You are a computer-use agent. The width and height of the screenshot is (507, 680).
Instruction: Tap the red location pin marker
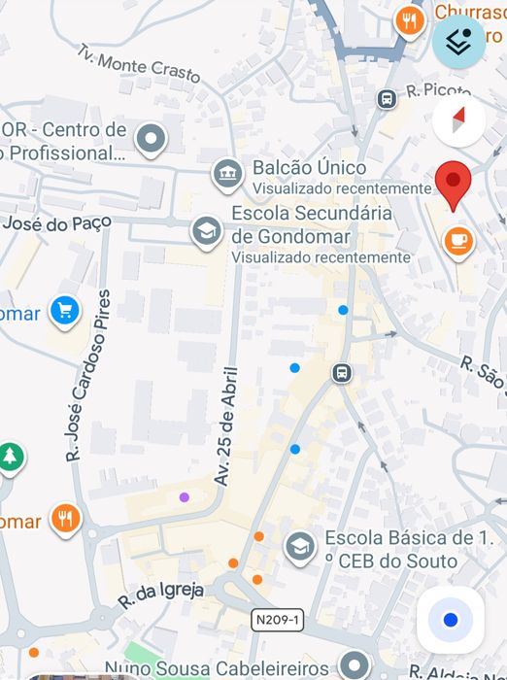pos(454,184)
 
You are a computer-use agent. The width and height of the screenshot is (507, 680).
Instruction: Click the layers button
pos(458,42)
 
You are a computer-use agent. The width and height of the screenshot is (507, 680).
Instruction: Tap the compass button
pos(458,120)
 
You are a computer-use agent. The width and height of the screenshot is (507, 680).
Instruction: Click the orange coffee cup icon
pos(458,240)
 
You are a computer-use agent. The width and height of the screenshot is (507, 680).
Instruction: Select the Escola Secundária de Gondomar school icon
pos(205,230)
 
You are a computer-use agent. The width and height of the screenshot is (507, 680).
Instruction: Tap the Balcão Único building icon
pos(227,175)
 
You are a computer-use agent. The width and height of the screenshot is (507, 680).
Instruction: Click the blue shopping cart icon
pos(65,311)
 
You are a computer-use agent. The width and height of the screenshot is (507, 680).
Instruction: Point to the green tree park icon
pos(10,456)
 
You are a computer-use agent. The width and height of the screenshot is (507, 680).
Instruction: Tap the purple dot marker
pos(185,496)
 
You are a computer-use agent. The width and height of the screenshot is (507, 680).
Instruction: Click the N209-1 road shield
pos(277,619)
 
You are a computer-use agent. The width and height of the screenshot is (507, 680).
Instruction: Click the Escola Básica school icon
pos(300,548)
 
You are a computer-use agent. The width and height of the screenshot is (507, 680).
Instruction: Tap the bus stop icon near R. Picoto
pos(387,98)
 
